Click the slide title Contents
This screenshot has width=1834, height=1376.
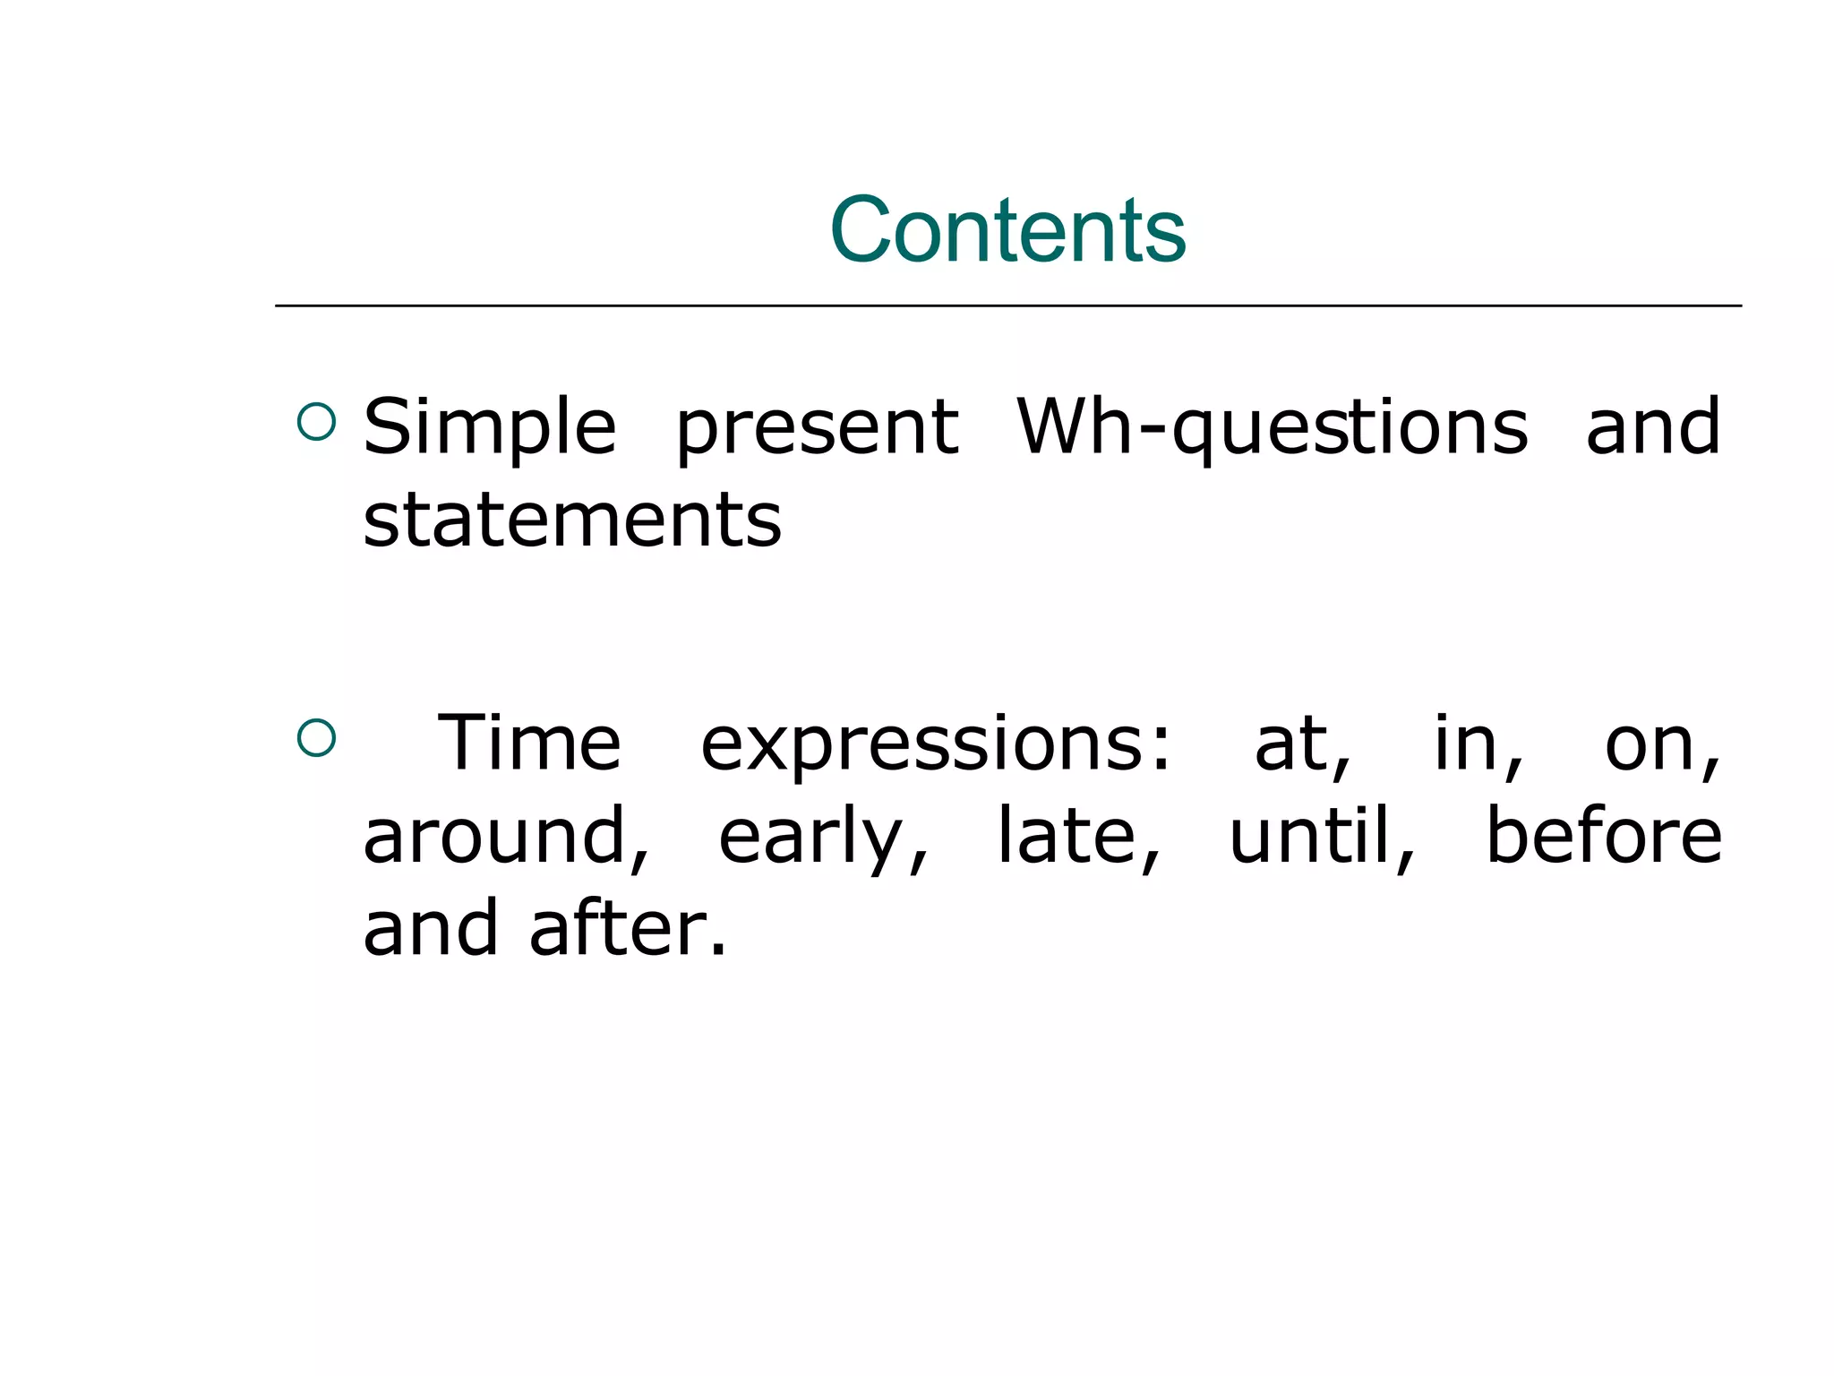(1007, 230)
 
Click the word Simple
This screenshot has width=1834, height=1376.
(490, 427)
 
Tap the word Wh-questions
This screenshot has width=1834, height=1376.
(1273, 428)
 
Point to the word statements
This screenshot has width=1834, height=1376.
(572, 521)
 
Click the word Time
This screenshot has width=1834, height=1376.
(529, 743)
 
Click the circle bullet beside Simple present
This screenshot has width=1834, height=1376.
(316, 421)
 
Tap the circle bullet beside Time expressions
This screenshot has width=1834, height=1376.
(316, 738)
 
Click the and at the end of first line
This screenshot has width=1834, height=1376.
(1652, 427)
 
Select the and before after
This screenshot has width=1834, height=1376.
(430, 929)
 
